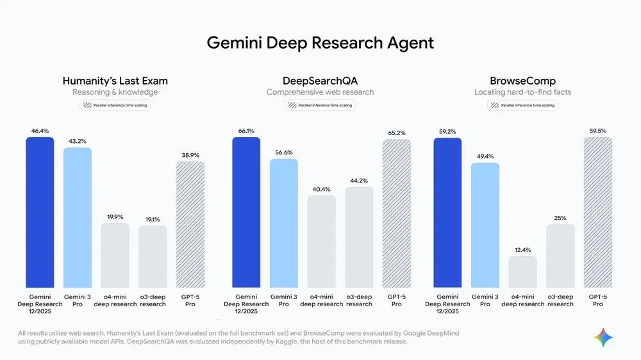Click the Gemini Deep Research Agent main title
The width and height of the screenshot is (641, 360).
pyautogui.click(x=320, y=43)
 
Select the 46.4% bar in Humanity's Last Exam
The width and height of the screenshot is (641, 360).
pyautogui.click(x=40, y=212)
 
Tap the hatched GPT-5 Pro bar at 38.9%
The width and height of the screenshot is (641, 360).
pyautogui.click(x=190, y=224)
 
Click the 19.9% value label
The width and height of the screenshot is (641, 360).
pyautogui.click(x=115, y=217)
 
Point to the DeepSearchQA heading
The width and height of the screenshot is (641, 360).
pyautogui.click(x=320, y=81)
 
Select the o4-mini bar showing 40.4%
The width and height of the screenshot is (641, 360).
pyautogui.click(x=321, y=241)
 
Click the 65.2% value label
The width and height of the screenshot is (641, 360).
pyautogui.click(x=397, y=133)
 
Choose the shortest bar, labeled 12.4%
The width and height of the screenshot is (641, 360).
pyautogui.click(x=522, y=272)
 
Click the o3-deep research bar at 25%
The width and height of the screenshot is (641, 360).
pyautogui.click(x=560, y=256)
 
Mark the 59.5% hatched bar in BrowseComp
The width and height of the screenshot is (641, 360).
pyautogui.click(x=597, y=212)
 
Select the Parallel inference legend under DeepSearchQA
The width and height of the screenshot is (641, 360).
pyautogui.click(x=320, y=105)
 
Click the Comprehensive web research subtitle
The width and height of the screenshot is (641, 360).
pyautogui.click(x=320, y=92)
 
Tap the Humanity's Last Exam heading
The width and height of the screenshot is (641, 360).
pyautogui.click(x=115, y=81)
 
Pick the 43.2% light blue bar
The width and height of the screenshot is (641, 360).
pyautogui.click(x=77, y=218)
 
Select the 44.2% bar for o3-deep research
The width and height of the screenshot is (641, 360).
pyautogui.click(x=359, y=237)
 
